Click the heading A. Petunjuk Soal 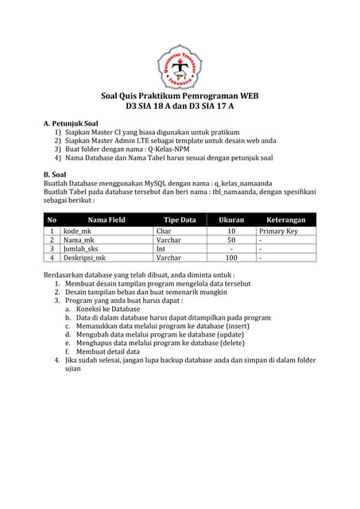[x=71, y=123]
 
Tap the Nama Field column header [x=106, y=219]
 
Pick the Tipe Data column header [x=179, y=219]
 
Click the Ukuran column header [x=231, y=219]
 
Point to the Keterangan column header [x=285, y=219]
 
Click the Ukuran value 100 [x=231, y=258]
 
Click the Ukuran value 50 [x=231, y=239]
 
